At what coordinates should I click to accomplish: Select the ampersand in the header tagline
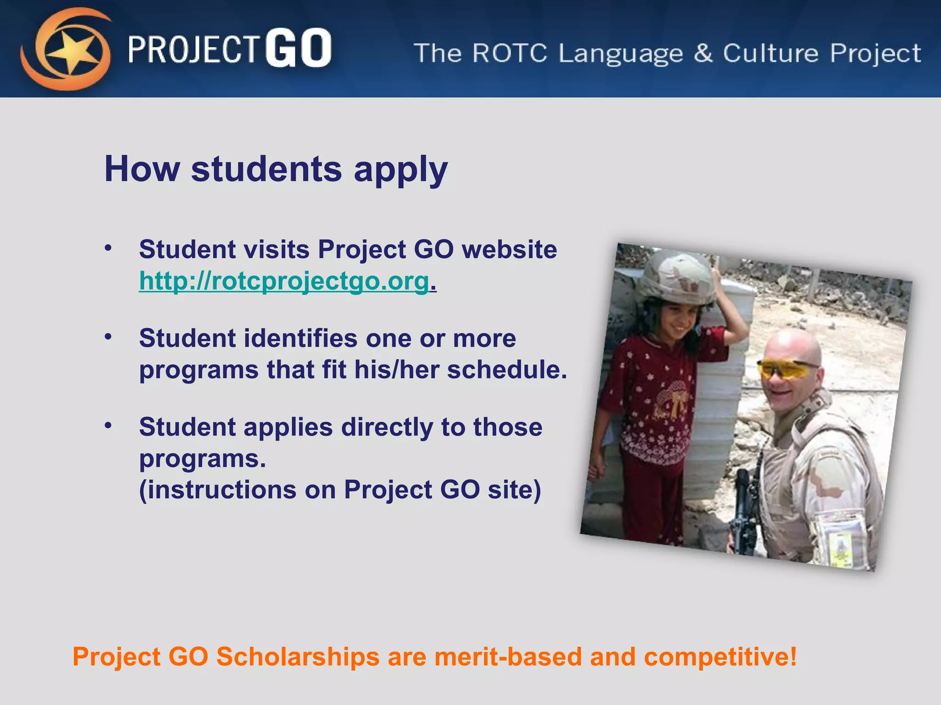pos(703,53)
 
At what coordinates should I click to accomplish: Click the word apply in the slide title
pos(400,170)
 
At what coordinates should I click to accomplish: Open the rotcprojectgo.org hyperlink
pos(284,280)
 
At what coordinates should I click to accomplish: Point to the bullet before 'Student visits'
pos(108,248)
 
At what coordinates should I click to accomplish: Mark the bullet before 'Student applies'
pos(108,426)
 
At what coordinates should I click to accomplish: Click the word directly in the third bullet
pos(387,428)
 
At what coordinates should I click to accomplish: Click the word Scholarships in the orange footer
pos(298,656)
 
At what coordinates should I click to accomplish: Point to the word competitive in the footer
pos(720,657)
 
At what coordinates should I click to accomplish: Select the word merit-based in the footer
pos(508,656)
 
